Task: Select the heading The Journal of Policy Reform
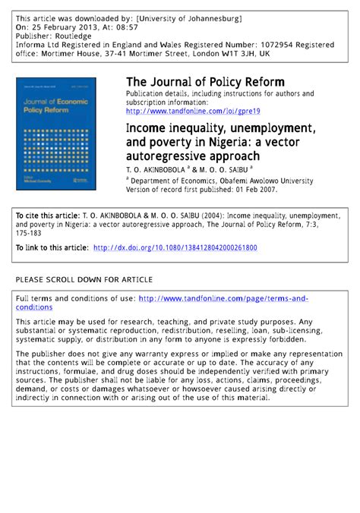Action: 205,82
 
